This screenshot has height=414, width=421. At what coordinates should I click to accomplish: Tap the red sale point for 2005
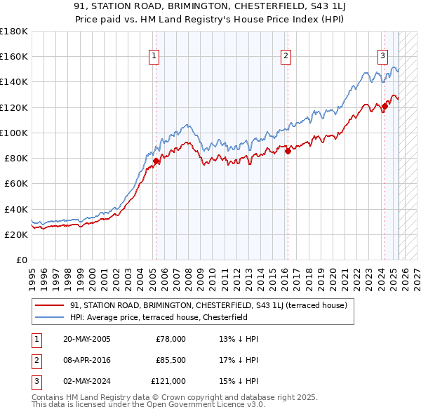click(x=156, y=161)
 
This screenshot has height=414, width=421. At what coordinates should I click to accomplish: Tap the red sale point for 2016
click(x=288, y=151)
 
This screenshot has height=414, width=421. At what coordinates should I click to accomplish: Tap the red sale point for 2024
click(x=385, y=106)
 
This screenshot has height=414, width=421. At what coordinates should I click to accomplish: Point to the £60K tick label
click(x=14, y=183)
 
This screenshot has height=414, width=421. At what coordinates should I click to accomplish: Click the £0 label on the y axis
click(x=21, y=260)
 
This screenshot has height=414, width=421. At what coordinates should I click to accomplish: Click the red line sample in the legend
click(x=50, y=305)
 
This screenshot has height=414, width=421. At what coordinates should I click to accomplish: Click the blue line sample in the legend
click(x=50, y=317)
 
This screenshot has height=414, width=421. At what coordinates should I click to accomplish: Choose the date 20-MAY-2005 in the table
click(x=86, y=339)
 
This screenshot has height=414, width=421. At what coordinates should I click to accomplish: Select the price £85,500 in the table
click(x=171, y=360)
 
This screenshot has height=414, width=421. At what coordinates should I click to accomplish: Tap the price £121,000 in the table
click(x=168, y=381)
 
